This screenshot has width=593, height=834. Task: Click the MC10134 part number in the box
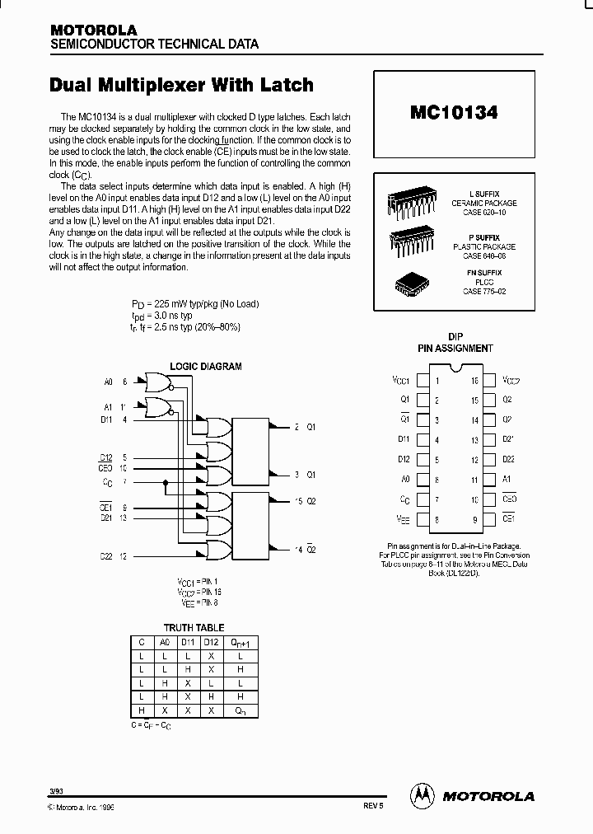[x=453, y=112]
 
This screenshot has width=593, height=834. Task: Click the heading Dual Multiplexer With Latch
[x=181, y=84]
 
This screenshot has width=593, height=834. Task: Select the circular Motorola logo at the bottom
[x=422, y=795]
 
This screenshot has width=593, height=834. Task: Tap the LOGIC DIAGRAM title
[x=206, y=366]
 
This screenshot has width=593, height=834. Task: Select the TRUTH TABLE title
[x=194, y=627]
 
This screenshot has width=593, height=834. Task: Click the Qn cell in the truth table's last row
[x=240, y=710]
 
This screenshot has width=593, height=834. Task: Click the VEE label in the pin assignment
[x=401, y=519]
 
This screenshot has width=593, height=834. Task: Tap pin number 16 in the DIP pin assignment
[x=474, y=381]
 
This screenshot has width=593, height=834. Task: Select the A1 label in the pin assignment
[x=507, y=479]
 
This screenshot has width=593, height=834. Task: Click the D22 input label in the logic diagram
[x=106, y=555]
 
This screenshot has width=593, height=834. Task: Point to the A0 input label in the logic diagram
[x=108, y=382]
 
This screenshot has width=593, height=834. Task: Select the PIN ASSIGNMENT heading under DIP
[x=455, y=348]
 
